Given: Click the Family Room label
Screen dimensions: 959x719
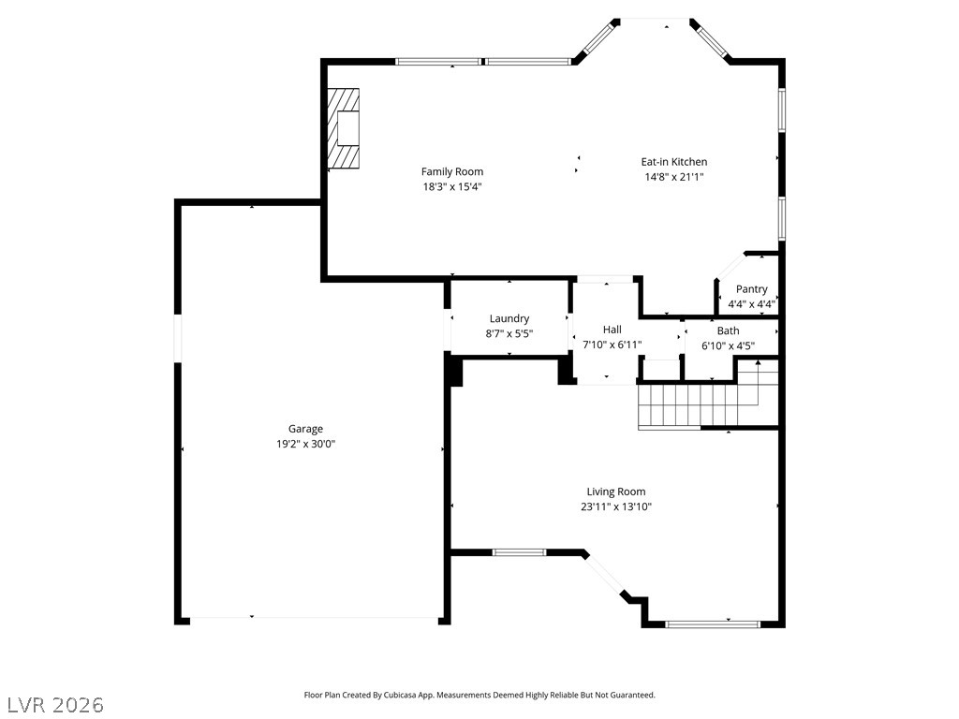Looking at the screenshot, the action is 452,172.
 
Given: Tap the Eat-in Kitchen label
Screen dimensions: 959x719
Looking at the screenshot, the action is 674,162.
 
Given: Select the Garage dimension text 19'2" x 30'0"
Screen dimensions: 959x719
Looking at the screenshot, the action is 306,444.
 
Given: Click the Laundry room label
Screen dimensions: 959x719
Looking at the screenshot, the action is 509,318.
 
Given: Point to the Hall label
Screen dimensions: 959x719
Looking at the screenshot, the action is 612,330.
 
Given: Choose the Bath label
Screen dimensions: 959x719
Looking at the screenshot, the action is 728,330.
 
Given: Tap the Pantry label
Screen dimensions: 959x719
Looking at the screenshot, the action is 752,289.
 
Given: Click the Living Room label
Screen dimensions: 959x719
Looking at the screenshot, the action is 616,492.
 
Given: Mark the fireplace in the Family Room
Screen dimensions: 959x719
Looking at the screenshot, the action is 343,128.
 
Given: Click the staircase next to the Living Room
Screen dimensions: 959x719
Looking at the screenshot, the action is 708,404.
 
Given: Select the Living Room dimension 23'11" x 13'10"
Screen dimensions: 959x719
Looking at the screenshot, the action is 616,506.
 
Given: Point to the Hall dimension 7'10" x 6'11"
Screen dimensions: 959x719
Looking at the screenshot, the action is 612,345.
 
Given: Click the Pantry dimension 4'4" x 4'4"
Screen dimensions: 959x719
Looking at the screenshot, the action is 752,304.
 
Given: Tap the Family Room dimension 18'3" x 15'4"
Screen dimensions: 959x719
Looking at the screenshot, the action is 452,187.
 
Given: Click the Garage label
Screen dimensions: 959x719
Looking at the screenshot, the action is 306,429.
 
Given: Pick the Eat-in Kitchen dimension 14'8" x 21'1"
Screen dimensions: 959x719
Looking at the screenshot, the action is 674,177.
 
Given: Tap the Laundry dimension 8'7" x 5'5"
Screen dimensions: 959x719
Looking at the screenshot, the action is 509,334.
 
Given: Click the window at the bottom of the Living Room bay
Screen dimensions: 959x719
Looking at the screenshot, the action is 713,624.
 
